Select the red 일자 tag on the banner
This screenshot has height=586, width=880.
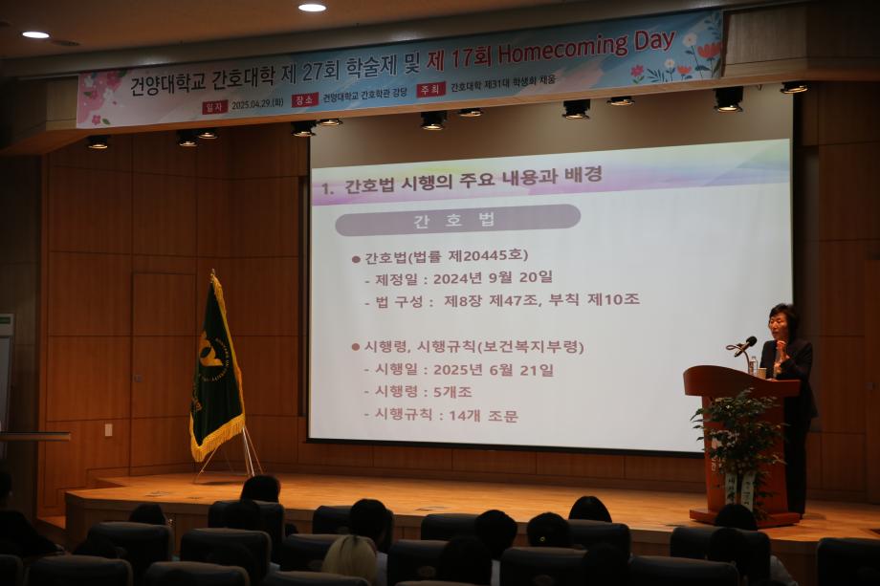tap(214, 106)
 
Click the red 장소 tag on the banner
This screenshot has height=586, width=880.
tap(303, 99)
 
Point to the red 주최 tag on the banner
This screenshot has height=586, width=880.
tap(430, 90)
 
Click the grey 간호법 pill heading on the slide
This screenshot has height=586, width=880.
tap(456, 220)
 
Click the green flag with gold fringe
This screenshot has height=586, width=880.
tap(216, 368)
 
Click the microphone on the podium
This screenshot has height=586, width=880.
tap(745, 344)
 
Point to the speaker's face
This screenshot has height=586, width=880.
tap(781, 324)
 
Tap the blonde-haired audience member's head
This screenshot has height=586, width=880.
tap(350, 558)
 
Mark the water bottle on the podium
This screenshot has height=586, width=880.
tap(753, 365)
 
